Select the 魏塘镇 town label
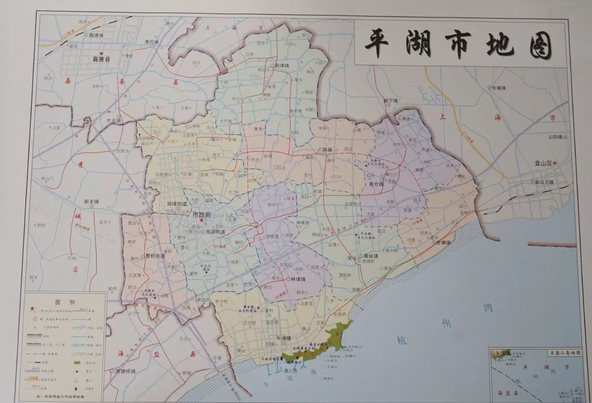pyautogui.click(x=98, y=35)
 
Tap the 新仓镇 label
pyautogui.click(x=376, y=184)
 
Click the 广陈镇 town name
pyautogui.click(x=326, y=149)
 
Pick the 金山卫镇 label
pyautogui.click(x=547, y=182)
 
